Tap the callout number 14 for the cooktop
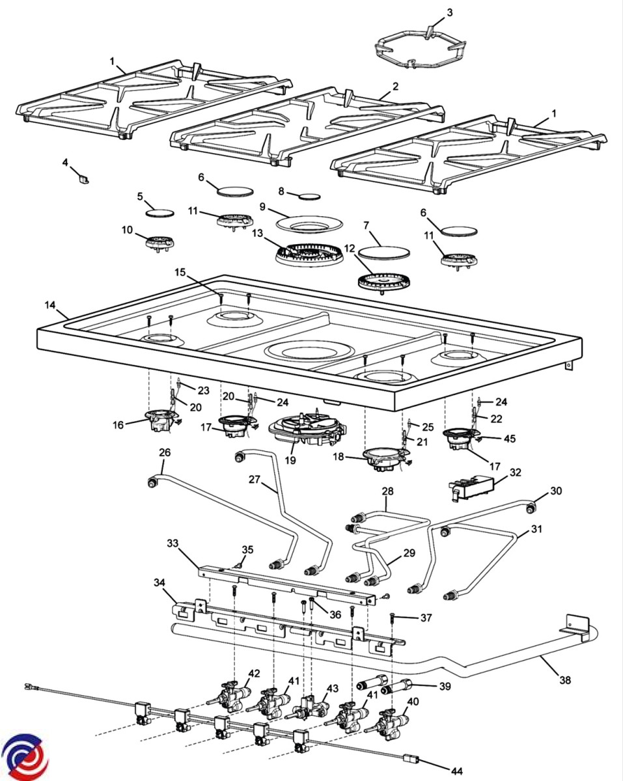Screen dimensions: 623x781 point(50,305)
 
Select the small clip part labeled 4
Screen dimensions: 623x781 point(84,179)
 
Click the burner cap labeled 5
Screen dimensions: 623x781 point(159,213)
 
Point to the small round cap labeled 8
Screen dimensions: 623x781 point(309,197)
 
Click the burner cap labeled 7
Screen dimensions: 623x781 point(383,253)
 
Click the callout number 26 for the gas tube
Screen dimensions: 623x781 point(165,452)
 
